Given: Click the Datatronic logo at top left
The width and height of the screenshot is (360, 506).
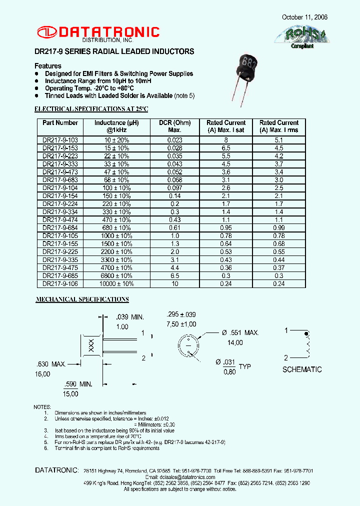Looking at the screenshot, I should click(97, 33).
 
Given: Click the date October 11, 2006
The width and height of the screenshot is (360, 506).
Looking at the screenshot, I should click(305, 17).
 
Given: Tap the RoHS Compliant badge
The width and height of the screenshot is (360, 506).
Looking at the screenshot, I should click(299, 37).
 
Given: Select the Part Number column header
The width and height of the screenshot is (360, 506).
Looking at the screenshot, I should click(60, 123).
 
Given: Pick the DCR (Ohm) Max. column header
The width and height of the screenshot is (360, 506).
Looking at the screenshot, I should click(174, 126).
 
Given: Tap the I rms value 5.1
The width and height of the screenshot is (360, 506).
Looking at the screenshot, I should click(278, 140).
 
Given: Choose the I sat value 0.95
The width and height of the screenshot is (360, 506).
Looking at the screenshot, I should click(226, 228).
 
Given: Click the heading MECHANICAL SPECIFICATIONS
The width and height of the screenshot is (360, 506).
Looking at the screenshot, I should click(82, 299).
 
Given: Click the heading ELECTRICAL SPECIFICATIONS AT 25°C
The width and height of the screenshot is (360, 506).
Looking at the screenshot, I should click(91, 108).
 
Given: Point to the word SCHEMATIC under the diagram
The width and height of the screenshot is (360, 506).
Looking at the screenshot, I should click(302, 369).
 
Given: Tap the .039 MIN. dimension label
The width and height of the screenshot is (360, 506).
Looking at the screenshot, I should click(129, 317).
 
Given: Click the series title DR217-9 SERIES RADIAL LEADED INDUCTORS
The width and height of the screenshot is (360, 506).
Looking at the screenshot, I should click(114, 51).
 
